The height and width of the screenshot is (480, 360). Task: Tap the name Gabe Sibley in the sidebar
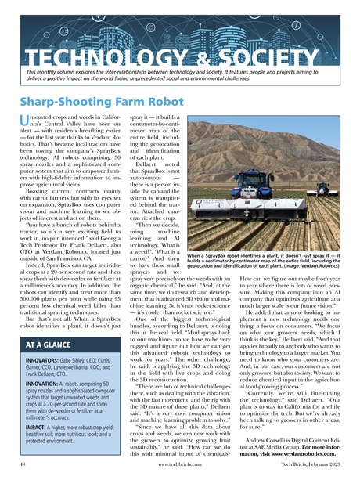84,359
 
